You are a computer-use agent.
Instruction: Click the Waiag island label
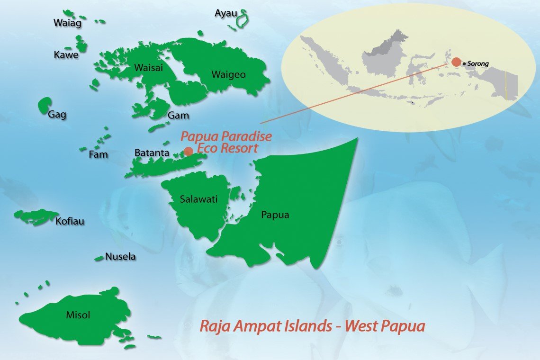point(68,23)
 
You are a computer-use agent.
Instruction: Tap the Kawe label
point(66,55)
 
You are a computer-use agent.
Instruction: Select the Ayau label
point(225,13)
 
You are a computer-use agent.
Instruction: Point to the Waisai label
point(148,67)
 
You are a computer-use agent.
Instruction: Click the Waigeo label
point(228,74)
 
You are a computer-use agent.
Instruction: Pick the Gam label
point(178,116)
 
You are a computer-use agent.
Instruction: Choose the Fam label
point(98,154)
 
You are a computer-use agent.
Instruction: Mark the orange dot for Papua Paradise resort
point(189,152)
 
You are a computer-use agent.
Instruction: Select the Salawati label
point(198,199)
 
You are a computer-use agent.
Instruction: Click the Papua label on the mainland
point(275,215)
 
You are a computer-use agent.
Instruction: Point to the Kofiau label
point(70,221)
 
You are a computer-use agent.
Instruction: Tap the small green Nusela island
point(99,259)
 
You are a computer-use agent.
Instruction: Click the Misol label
point(78,315)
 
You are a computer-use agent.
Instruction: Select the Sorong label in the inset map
point(478,63)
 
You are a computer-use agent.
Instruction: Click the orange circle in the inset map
point(456,62)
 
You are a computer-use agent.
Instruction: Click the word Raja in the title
point(213,326)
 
